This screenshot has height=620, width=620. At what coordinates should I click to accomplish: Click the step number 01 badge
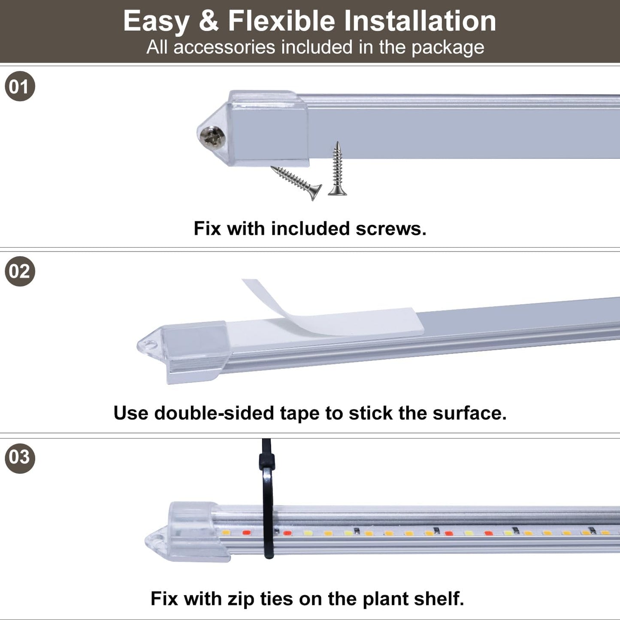pyautogui.click(x=20, y=86)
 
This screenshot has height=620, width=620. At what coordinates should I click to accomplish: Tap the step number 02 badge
pyautogui.click(x=20, y=271)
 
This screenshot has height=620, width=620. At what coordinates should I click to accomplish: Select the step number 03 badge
pyautogui.click(x=20, y=457)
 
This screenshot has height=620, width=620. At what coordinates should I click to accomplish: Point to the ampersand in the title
pyautogui.click(x=209, y=21)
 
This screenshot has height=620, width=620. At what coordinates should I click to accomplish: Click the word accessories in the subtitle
pyautogui.click(x=224, y=47)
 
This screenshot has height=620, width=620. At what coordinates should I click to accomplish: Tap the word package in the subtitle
pyautogui.click(x=448, y=48)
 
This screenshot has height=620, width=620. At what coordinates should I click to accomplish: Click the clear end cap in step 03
pyautogui.click(x=189, y=532)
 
